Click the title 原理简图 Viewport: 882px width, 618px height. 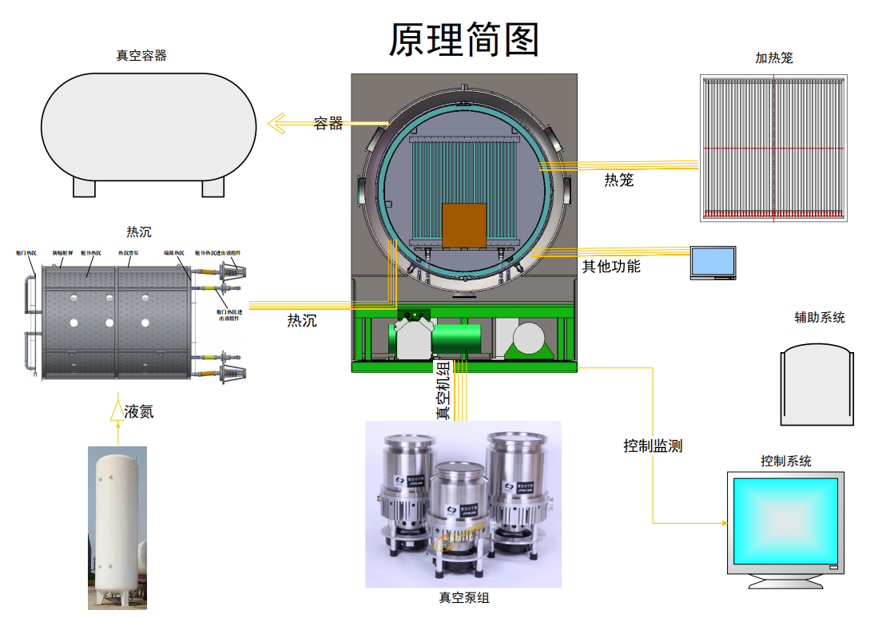tap(463, 39)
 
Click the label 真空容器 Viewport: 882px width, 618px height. tap(141, 55)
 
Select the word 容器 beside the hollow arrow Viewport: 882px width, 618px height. tap(328, 123)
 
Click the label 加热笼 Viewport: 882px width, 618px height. tap(774, 57)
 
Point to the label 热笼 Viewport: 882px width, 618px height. tap(618, 180)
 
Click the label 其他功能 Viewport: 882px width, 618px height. tap(611, 266)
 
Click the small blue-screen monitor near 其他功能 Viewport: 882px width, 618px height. tap(713, 262)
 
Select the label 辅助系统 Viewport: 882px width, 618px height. tap(819, 317)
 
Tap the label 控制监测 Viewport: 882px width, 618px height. tap(653, 446)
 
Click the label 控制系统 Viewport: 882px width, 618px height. tap(786, 461)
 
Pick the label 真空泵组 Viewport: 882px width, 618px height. tap(463, 597)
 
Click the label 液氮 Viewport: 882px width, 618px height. tap(139, 412)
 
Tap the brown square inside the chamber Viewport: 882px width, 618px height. tap(464, 225)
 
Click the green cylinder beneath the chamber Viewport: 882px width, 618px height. tap(456, 339)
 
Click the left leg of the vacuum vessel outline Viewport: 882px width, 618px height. tap(85, 187)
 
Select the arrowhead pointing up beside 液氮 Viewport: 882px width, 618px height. tap(117, 410)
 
